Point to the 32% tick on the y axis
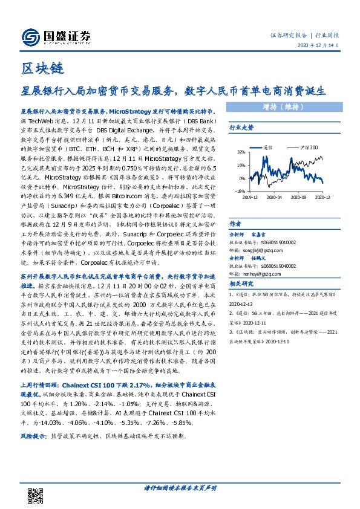pos(240,152)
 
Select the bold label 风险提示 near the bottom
pos(34,435)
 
